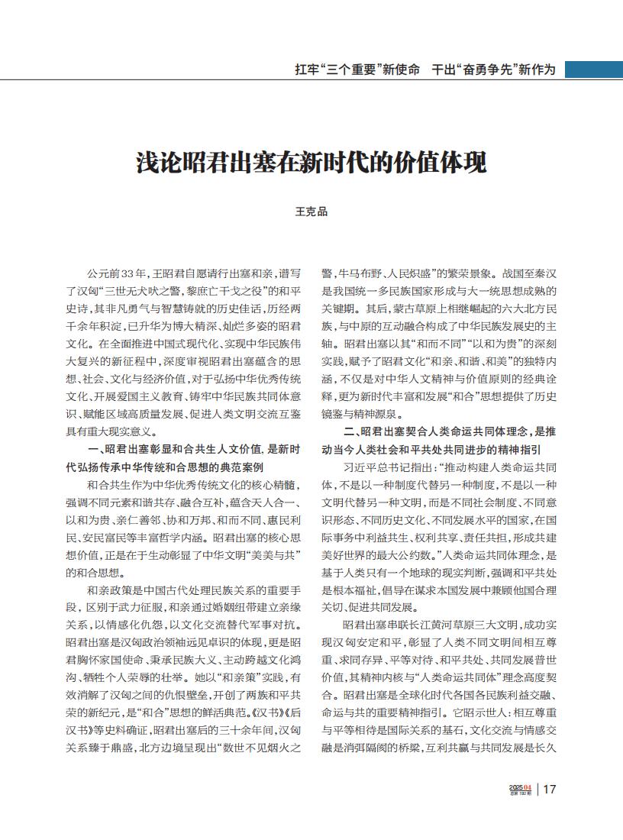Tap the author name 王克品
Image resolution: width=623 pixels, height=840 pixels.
[x=311, y=212]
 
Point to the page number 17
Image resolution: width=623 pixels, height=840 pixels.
[x=550, y=790]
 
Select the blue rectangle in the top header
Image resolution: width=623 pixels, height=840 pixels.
[x=593, y=69]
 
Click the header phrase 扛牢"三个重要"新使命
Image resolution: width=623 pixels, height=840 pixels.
[x=357, y=69]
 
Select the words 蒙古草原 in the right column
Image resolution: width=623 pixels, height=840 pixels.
[x=413, y=308]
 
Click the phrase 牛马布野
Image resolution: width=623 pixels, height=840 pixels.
[x=361, y=273]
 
